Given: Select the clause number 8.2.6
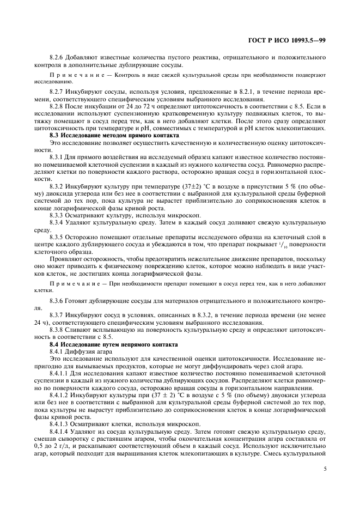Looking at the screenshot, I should click(57, 57).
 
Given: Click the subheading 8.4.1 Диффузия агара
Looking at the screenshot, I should click(79, 351).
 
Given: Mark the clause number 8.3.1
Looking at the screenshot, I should click(57, 156).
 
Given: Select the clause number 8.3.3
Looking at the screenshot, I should click(57, 215).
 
